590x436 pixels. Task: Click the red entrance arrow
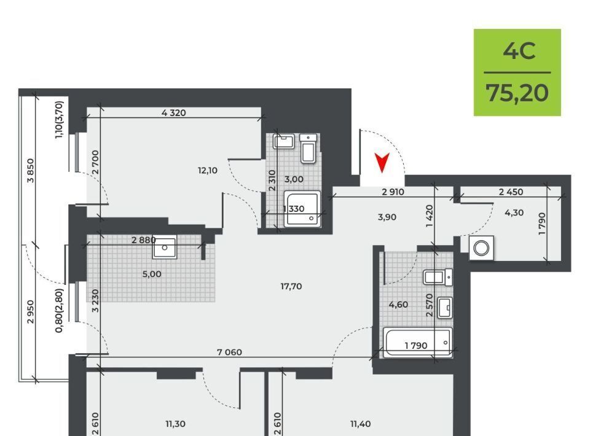coord(382,162)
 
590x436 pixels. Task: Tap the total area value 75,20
coord(517,93)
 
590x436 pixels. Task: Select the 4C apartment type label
coord(519,51)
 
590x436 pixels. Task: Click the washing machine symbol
coord(481,247)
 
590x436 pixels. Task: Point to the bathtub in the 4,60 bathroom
coord(418,341)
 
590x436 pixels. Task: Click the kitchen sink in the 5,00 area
coord(165,247)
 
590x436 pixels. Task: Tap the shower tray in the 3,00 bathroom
coord(302,209)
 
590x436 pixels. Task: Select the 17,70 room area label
coord(291,286)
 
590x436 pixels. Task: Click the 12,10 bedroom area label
coord(208,170)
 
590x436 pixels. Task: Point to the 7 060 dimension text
coord(229,352)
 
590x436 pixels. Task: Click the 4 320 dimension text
coord(173,112)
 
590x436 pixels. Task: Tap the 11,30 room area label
coord(175,424)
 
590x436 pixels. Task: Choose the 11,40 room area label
coord(361,424)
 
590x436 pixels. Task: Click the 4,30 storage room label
coord(514,212)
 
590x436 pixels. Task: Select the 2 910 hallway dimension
coord(393,192)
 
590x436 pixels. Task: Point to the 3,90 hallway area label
coord(387,217)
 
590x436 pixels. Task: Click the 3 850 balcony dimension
coord(31,171)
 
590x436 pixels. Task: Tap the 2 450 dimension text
coord(511,192)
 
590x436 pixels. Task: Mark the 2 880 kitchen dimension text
coord(143,239)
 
